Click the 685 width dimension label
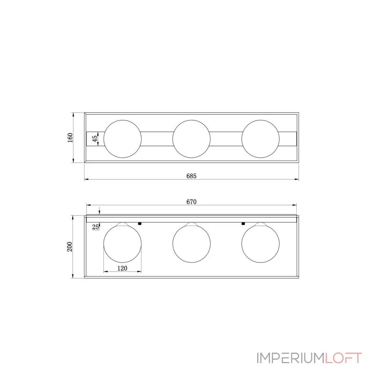click(191, 176)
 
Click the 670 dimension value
click(191, 201)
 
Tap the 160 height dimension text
click(70, 138)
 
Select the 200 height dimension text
click(70, 247)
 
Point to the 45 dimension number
click(94, 138)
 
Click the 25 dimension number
click(96, 227)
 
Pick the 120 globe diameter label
click(122, 268)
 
